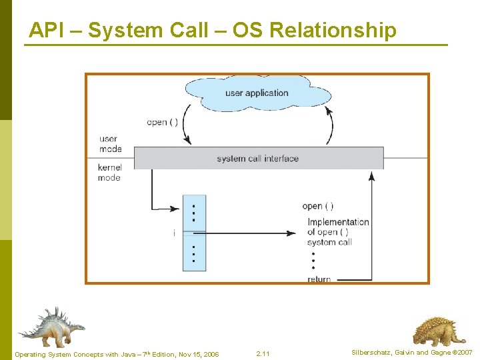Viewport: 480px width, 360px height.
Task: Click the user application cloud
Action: (x=257, y=93)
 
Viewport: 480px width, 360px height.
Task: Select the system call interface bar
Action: (x=258, y=159)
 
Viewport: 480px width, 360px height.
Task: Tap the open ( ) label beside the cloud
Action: (x=162, y=122)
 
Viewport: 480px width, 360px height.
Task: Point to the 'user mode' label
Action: (x=109, y=144)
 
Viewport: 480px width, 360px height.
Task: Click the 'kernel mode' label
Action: (x=109, y=173)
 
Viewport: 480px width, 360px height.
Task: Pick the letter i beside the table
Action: (x=174, y=233)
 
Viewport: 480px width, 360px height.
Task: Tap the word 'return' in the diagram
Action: (x=319, y=279)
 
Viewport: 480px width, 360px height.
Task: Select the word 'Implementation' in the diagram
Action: (x=338, y=222)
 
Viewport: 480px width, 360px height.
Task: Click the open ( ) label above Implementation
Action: (x=318, y=207)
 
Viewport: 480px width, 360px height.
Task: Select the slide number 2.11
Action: (x=263, y=353)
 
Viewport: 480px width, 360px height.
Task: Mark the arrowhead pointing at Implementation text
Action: (x=291, y=233)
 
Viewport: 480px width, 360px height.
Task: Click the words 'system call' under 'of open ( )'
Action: (x=329, y=242)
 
